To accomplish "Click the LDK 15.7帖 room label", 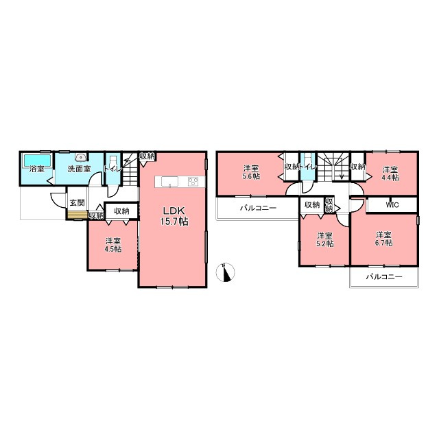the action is pyautogui.click(x=174, y=216).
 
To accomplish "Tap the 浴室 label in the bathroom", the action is pyautogui.click(x=37, y=169).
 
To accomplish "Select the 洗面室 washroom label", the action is pyautogui.click(x=80, y=169).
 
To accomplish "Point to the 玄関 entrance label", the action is pyautogui.click(x=77, y=202).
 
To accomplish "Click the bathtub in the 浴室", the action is pyautogui.click(x=37, y=160).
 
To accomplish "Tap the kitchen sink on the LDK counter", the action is pyautogui.click(x=169, y=181).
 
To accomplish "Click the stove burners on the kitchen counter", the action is pyautogui.click(x=193, y=181).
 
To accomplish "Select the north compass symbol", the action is pyautogui.click(x=226, y=272).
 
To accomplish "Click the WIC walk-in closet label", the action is pyautogui.click(x=392, y=205).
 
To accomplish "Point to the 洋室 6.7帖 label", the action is pyautogui.click(x=384, y=239).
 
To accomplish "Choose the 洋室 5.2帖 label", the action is pyautogui.click(x=324, y=239).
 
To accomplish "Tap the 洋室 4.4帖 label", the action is pyautogui.click(x=390, y=174).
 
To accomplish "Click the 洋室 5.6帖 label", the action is pyautogui.click(x=251, y=172).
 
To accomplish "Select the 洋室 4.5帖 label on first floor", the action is pyautogui.click(x=113, y=245).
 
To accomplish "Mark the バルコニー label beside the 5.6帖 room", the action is pyautogui.click(x=258, y=208).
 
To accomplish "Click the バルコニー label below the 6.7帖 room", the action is pyautogui.click(x=384, y=277).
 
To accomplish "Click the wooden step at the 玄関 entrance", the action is pyautogui.click(x=77, y=215).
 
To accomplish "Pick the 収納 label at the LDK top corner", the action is pyautogui.click(x=147, y=156).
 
